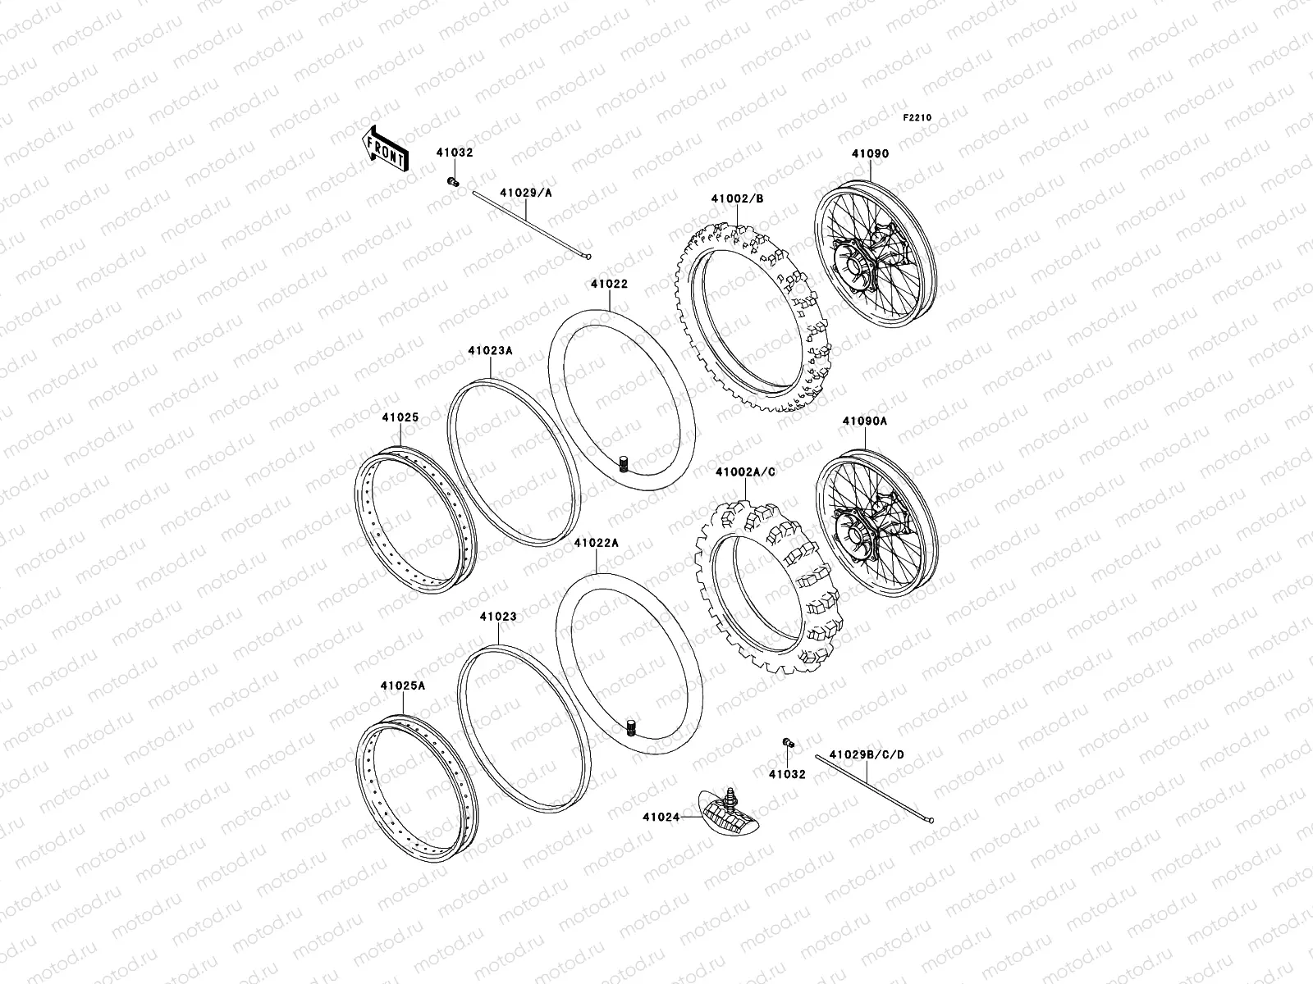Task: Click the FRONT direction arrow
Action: tap(386, 148)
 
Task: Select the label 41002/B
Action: tap(738, 198)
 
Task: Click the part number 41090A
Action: tap(864, 421)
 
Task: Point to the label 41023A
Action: tap(491, 350)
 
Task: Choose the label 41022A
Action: tap(596, 543)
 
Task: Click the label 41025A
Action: tap(403, 686)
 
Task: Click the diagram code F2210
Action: tap(917, 118)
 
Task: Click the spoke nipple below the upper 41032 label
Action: tap(452, 181)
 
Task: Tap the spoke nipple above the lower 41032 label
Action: tap(789, 743)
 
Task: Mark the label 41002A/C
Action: tap(745, 472)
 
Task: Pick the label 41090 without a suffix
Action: tap(870, 153)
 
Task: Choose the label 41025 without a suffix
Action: tap(400, 417)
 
